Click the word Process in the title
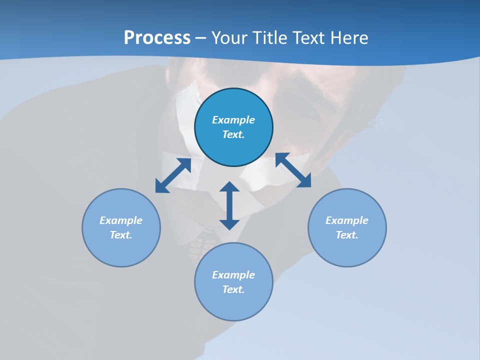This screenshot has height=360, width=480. (157, 38)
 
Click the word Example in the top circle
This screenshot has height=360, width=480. (233, 120)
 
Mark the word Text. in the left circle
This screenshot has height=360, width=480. (121, 235)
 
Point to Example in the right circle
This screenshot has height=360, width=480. (347, 220)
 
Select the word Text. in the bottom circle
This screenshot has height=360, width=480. (233, 289)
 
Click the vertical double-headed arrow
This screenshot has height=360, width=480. (229, 205)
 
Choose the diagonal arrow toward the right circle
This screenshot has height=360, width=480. (293, 170)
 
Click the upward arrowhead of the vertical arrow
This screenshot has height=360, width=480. (229, 187)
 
